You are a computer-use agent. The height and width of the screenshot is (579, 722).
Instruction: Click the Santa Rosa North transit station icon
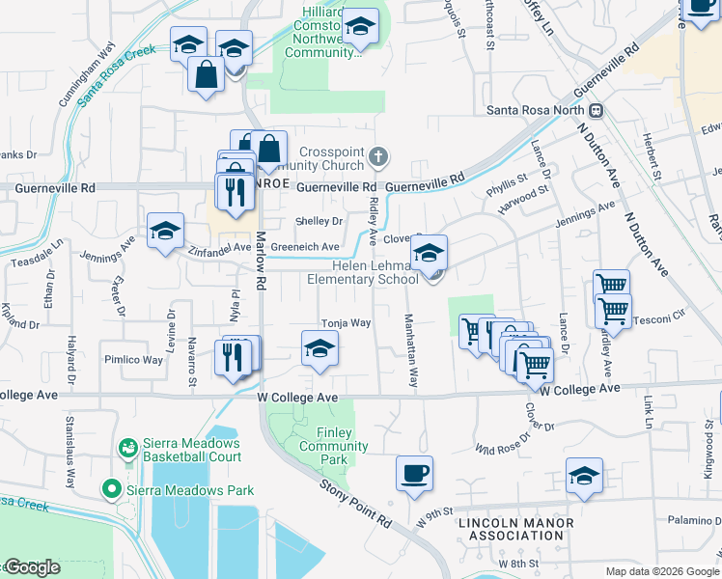[x=597, y=110]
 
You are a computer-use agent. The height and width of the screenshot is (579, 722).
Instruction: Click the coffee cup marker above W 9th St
[x=414, y=474]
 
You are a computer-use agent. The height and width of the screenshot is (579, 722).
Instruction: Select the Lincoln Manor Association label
[x=516, y=529]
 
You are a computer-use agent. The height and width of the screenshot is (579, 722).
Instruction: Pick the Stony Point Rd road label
[x=357, y=504]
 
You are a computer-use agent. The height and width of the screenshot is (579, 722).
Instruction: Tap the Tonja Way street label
[x=346, y=323]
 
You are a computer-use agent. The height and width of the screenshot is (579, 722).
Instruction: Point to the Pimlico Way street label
[x=133, y=359]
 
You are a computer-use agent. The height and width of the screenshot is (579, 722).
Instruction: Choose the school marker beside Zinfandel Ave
[x=165, y=232]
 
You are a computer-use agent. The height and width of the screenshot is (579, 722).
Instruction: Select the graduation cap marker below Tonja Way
[x=319, y=349]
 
